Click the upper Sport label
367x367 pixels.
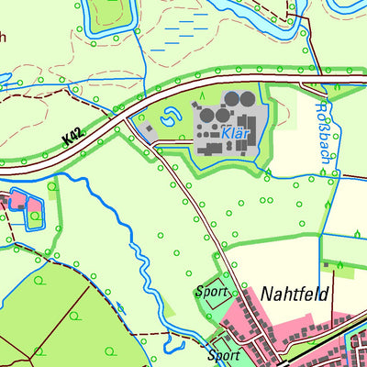211,293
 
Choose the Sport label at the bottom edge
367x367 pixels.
224,355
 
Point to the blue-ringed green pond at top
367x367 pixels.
108,11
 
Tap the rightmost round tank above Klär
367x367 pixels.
249,98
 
